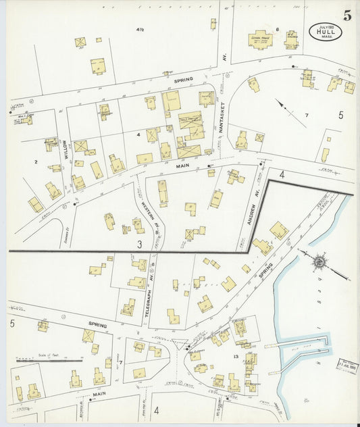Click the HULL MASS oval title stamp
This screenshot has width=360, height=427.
point(326,32)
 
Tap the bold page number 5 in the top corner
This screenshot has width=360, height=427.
point(346,16)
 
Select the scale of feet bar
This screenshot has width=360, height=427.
point(49,360)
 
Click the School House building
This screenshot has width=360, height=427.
point(260,40)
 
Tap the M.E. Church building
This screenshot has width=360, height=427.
point(291,41)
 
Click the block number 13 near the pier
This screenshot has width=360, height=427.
point(236,356)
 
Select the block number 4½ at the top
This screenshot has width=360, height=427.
point(140,30)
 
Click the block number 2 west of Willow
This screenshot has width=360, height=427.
point(35,161)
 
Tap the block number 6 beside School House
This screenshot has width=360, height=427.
point(277,29)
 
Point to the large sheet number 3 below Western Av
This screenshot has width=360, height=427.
point(139,243)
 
